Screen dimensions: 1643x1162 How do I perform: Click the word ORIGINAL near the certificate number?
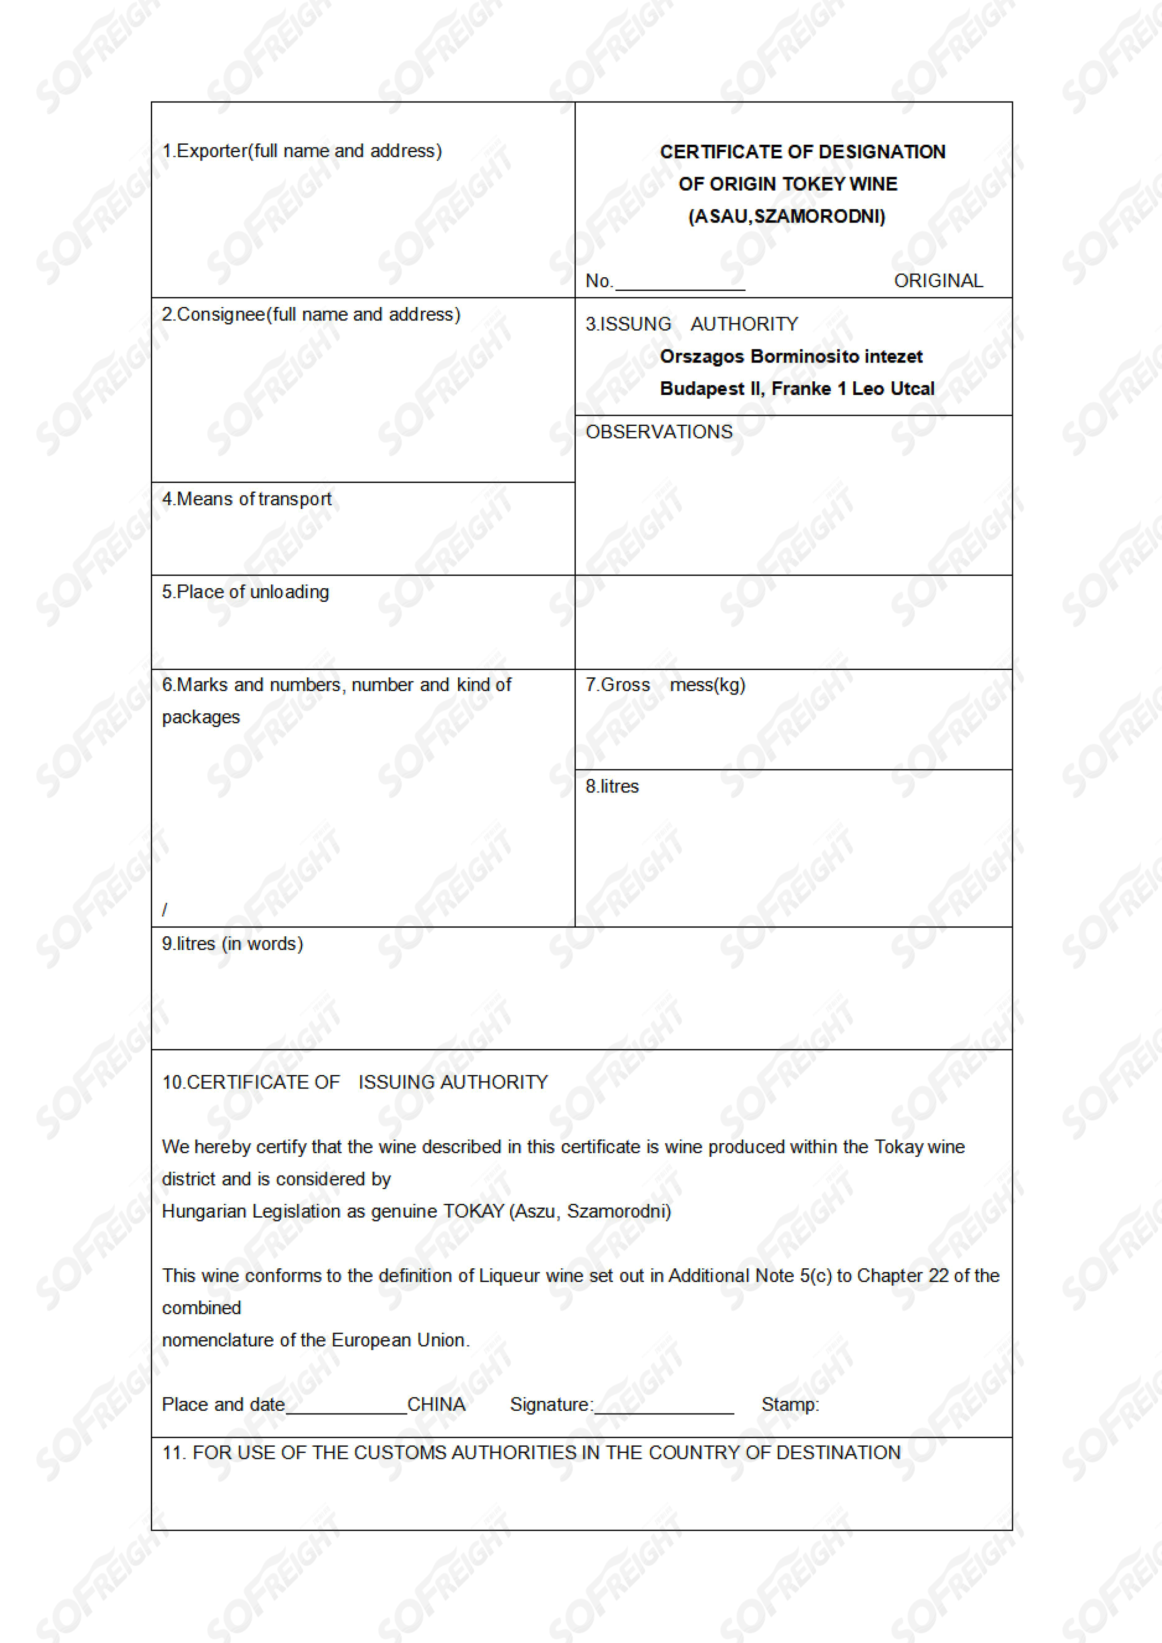pyautogui.click(x=938, y=281)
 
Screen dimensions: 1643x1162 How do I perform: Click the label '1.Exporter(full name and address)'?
pyautogui.click(x=301, y=151)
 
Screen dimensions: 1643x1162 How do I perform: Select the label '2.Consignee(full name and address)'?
pyautogui.click(x=311, y=314)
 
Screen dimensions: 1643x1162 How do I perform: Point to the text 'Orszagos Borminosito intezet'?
pyautogui.click(x=790, y=356)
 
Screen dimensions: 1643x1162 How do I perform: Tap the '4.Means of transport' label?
pyautogui.click(x=246, y=499)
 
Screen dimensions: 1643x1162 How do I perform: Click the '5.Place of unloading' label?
pyautogui.click(x=245, y=592)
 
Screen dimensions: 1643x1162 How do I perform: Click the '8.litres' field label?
pyautogui.click(x=611, y=786)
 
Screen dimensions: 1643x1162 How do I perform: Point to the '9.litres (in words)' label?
pyautogui.click(x=232, y=943)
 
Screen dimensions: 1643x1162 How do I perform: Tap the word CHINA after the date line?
pyautogui.click(x=436, y=1404)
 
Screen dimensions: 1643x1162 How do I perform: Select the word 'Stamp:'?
pyautogui.click(x=790, y=1404)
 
